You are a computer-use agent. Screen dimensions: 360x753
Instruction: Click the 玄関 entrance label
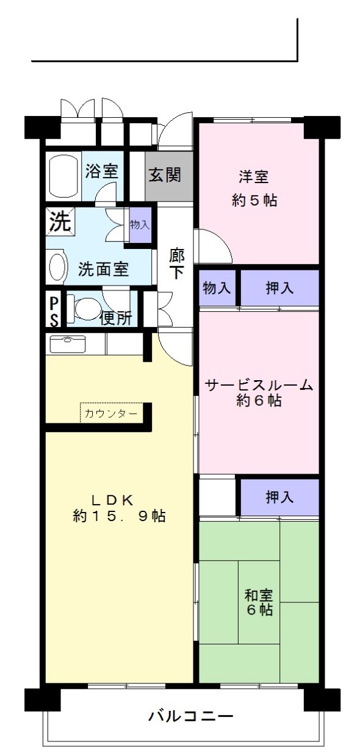[165, 175]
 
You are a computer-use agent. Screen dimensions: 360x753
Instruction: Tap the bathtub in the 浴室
[63, 176]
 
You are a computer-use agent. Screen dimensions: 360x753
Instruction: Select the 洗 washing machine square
[60, 220]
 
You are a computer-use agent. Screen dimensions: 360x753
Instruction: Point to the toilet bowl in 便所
[83, 308]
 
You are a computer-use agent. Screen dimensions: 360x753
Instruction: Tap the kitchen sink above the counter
[67, 344]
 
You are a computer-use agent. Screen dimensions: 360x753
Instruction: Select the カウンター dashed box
[112, 413]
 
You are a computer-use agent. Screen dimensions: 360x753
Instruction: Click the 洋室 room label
[254, 177]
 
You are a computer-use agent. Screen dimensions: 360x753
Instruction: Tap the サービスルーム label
[259, 385]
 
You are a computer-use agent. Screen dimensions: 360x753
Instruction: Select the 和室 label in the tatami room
[259, 596]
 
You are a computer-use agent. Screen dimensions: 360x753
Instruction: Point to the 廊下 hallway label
[176, 263]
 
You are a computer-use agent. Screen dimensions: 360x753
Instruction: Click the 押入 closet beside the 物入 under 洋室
[279, 288]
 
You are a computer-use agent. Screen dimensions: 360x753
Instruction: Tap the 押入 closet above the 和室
[279, 497]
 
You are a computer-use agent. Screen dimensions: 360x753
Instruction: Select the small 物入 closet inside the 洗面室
[140, 225]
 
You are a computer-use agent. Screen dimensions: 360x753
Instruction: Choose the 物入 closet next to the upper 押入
[217, 288]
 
